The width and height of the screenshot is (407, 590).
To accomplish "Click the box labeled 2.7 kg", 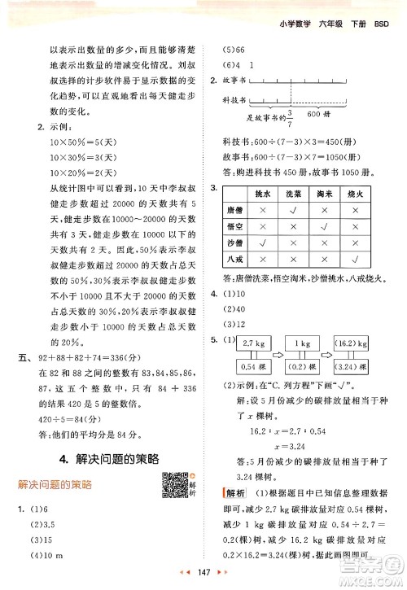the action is (x=253, y=344).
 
